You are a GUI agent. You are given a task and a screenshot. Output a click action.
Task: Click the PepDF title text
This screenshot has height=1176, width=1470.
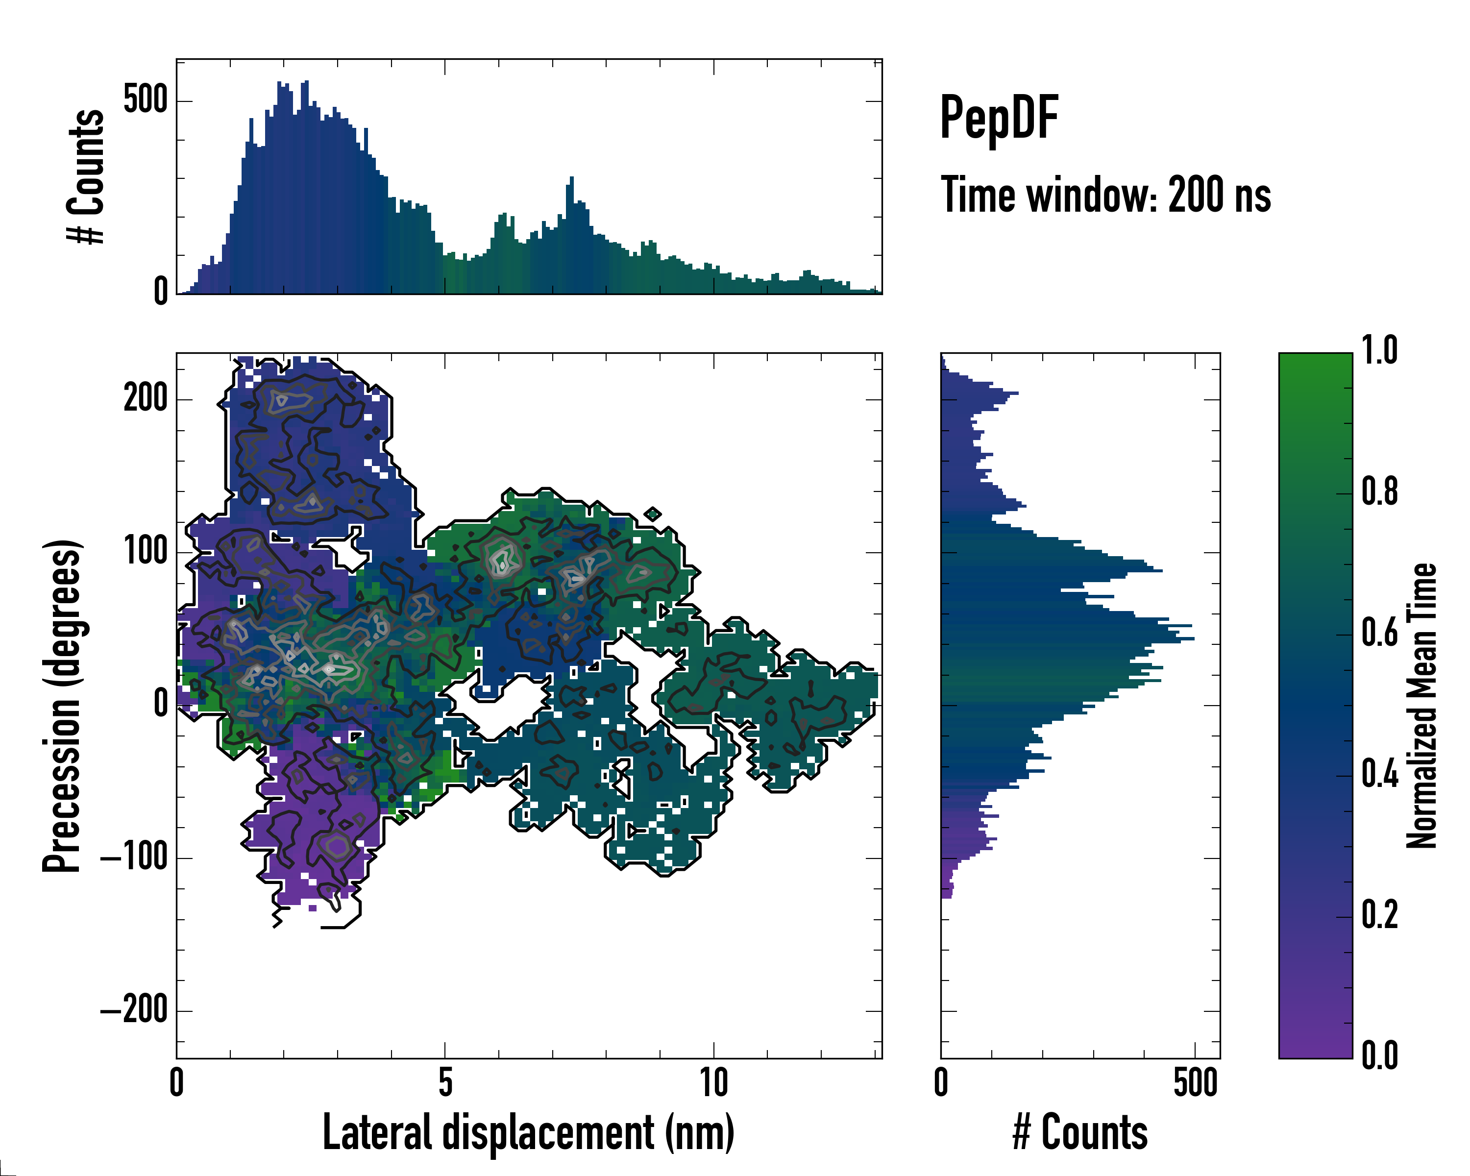pyautogui.click(x=999, y=118)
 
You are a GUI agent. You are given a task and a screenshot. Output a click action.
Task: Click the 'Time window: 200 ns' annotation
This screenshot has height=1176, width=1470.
pyautogui.click(x=1105, y=195)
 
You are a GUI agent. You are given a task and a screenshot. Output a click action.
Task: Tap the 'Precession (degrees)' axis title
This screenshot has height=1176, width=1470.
pyautogui.click(x=63, y=706)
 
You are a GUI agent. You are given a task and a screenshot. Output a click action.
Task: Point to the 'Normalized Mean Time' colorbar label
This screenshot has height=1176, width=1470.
pyautogui.click(x=1422, y=706)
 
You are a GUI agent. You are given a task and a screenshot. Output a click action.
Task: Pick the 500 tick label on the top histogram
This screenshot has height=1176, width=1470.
pyautogui.click(x=145, y=100)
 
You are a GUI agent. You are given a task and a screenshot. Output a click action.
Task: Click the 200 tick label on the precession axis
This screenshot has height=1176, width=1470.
pyautogui.click(x=145, y=398)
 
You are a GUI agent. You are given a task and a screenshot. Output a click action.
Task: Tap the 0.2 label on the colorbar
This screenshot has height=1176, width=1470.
pyautogui.click(x=1379, y=915)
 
